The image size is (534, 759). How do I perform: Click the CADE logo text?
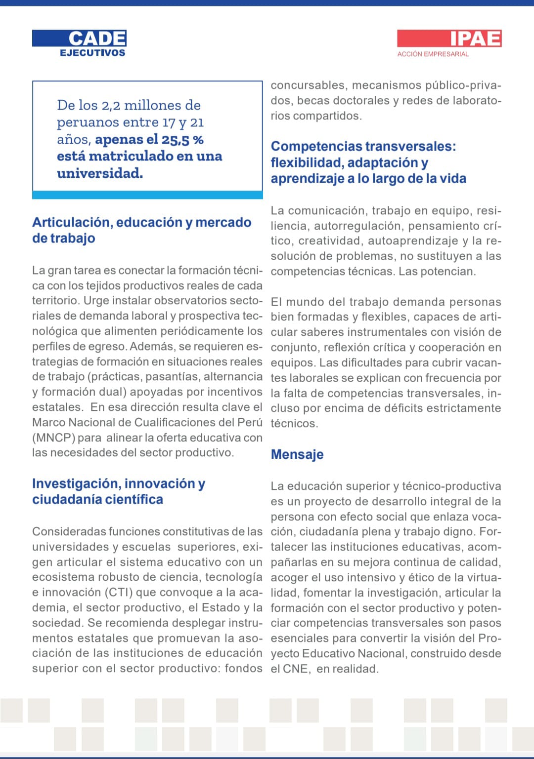tap(97, 38)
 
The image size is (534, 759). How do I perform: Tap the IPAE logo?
tap(475, 38)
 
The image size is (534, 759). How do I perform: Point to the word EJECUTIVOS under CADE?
tap(92, 53)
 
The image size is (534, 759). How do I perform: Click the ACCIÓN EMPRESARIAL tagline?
tap(433, 54)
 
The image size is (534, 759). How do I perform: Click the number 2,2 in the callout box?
tap(111, 106)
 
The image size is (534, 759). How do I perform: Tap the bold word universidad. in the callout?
tap(100, 173)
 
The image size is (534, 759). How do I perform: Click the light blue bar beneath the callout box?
tap(147, 195)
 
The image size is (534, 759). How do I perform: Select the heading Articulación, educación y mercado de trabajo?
tap(141, 230)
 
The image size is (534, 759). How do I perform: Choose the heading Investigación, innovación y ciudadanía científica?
tap(119, 491)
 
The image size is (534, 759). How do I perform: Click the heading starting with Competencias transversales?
tap(368, 162)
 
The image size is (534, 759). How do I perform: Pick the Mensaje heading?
tap(297, 454)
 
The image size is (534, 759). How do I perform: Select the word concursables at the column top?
tap(308, 85)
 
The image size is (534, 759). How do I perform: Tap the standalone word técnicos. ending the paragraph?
tap(294, 424)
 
